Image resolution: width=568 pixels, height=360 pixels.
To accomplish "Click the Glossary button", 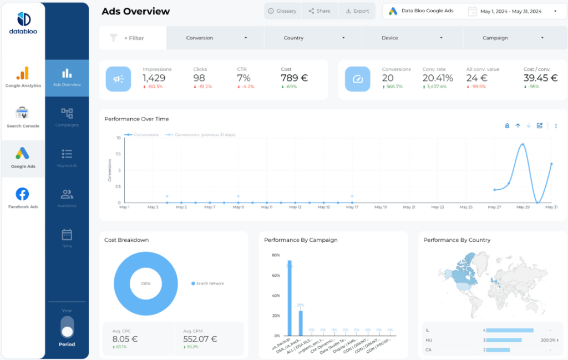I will tap(282, 11).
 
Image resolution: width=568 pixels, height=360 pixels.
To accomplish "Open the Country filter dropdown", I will tap(313, 38).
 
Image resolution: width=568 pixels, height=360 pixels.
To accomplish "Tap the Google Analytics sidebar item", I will tap(23, 77).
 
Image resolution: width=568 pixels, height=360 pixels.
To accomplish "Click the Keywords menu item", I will tap(67, 158).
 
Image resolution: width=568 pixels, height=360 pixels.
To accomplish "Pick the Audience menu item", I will tap(67, 198).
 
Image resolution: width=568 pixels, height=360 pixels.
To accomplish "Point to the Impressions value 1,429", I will tap(154, 78).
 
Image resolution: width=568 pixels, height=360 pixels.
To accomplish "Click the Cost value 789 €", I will tap(294, 78).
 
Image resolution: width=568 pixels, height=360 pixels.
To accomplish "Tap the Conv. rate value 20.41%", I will tap(438, 78).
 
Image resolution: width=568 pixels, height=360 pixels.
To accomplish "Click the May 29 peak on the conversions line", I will tap(523, 144).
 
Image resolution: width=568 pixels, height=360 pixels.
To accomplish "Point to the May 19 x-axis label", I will tap(380, 207).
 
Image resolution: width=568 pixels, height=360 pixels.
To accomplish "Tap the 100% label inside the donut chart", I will tap(145, 283).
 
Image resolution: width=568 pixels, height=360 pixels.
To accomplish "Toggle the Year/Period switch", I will tap(67, 327).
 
